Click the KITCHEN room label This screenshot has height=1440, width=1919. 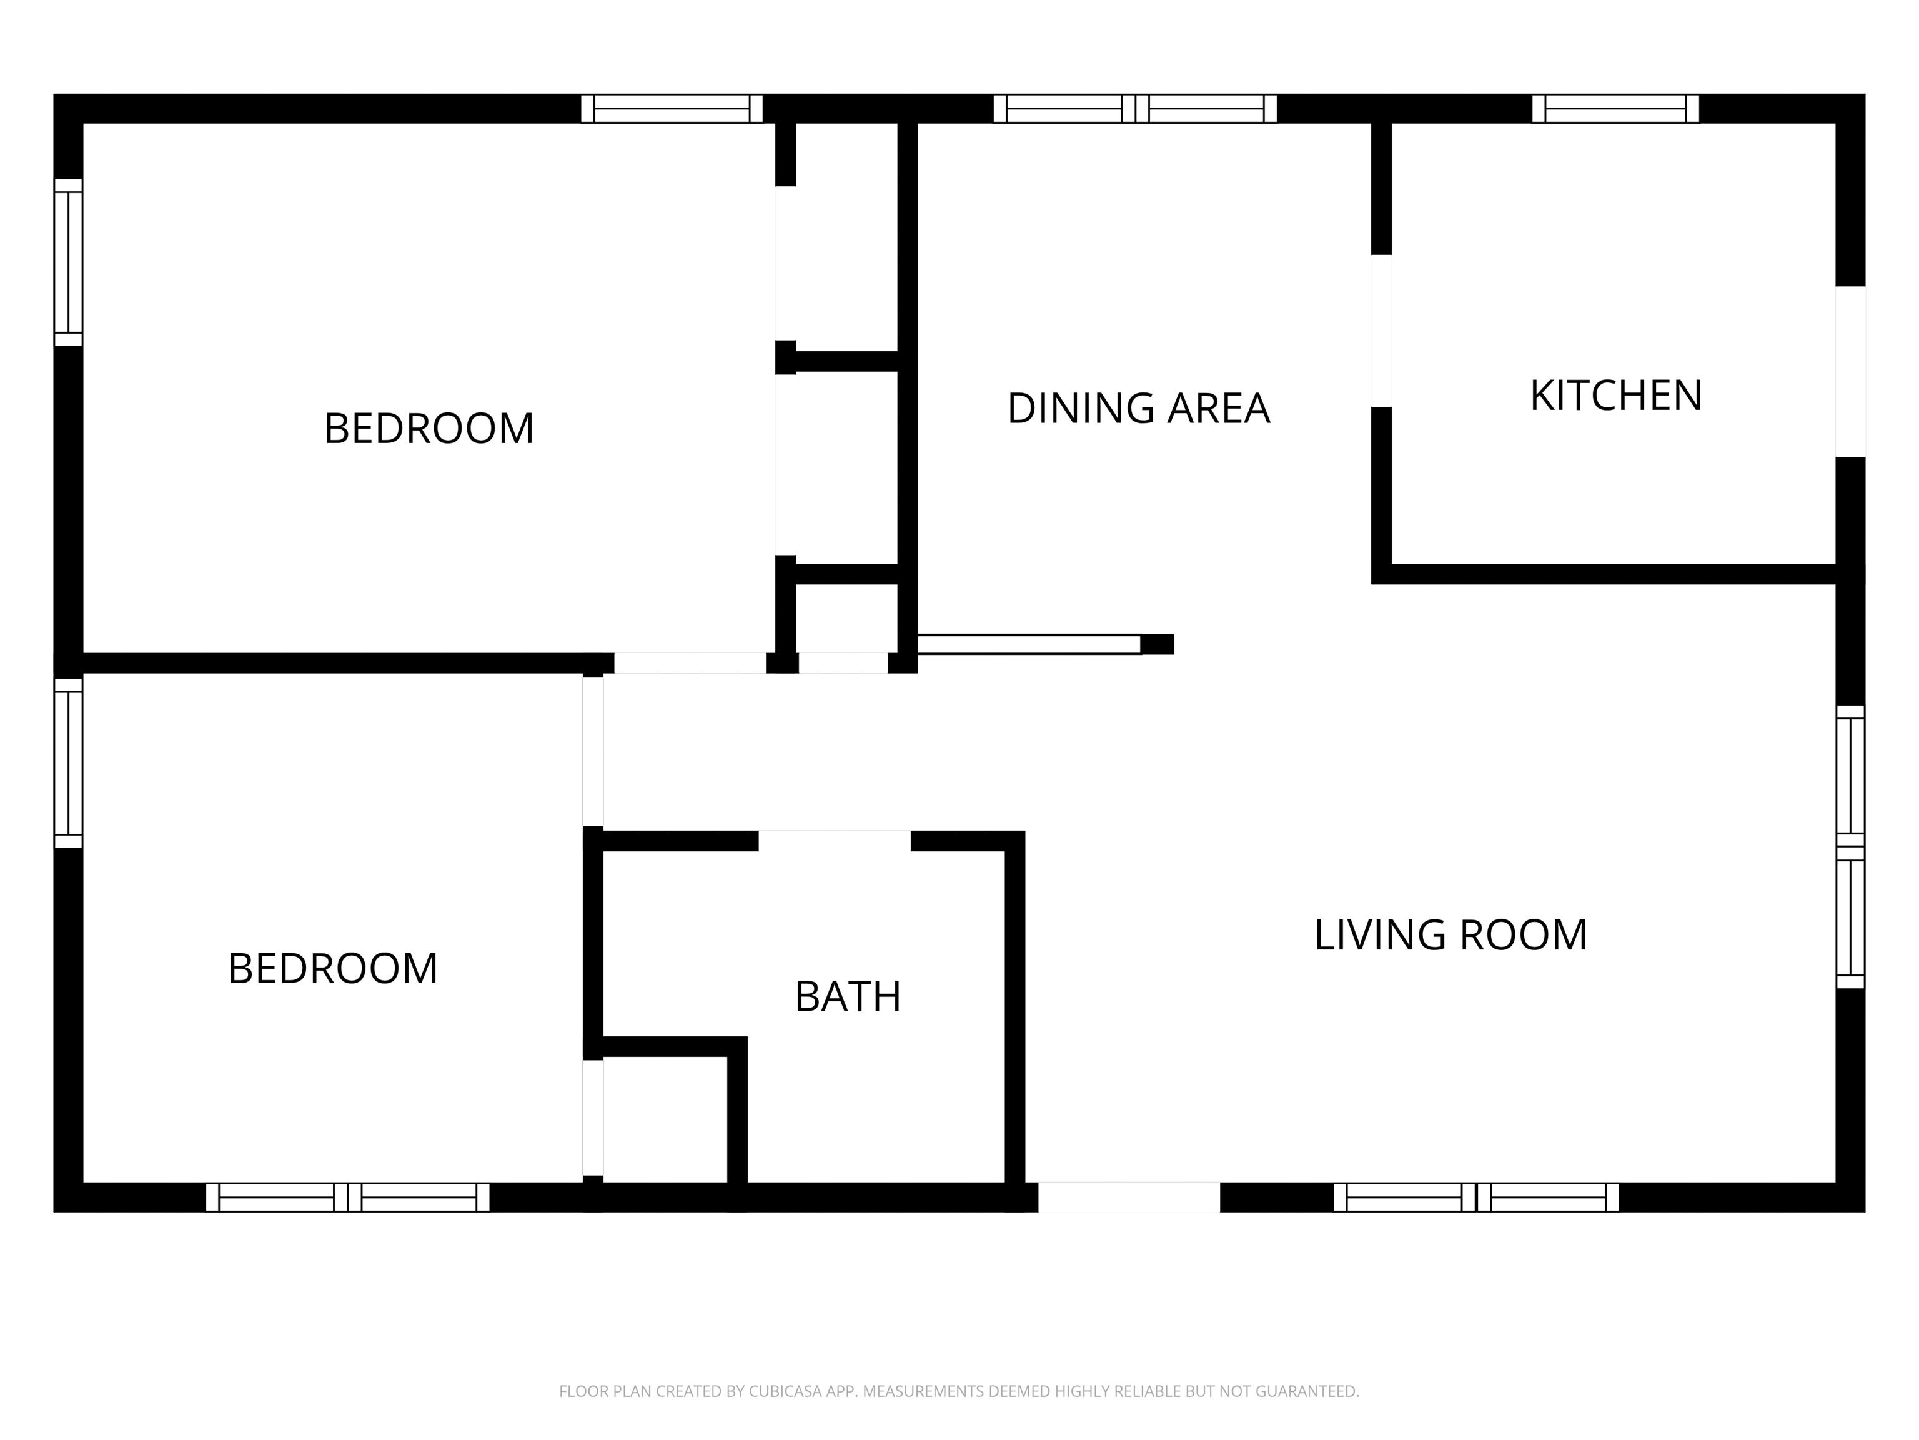1615,396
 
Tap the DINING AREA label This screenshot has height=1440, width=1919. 1138,409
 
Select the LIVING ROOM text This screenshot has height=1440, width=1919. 1450,935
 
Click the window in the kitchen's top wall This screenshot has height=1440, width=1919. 1615,109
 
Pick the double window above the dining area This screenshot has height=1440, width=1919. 1135,109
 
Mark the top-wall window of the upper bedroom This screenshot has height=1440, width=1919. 672,109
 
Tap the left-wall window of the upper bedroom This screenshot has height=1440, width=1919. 69,262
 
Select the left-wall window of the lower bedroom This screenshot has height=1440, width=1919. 69,763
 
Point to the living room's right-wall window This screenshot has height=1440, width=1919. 1850,846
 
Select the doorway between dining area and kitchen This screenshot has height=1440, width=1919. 1381,331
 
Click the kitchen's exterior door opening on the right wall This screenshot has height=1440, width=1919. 1850,371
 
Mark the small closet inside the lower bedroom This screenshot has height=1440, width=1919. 665,1119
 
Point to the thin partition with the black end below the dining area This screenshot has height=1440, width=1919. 1045,644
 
